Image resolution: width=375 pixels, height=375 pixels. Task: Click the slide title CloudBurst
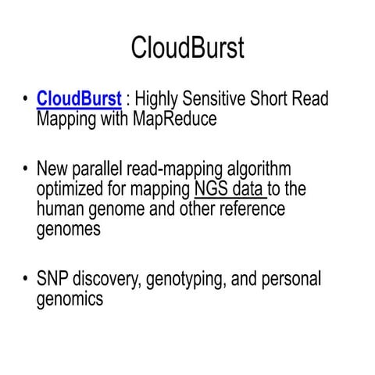point(187,48)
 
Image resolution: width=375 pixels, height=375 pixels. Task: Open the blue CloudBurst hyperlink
point(79,100)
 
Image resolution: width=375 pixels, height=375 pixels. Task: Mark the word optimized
point(74,189)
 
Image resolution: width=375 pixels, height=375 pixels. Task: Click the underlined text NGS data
point(230,189)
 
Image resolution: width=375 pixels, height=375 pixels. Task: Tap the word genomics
point(70,298)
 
